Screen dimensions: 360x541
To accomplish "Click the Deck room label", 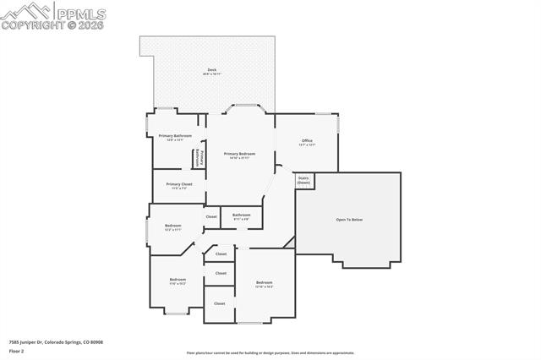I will pyautogui.click(x=211, y=70).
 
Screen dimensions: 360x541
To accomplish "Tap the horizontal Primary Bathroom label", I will pyautogui.click(x=175, y=135).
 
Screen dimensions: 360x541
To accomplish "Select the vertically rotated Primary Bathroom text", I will pyautogui.click(x=201, y=158).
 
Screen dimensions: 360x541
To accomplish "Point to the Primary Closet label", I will pyautogui.click(x=179, y=183).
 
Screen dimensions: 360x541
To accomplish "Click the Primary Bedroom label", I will pyautogui.click(x=239, y=154).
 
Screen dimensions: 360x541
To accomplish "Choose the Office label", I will pyautogui.click(x=307, y=140).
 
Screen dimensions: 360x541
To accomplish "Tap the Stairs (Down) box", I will pyautogui.click(x=303, y=180).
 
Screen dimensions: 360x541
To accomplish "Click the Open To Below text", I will pyautogui.click(x=349, y=220).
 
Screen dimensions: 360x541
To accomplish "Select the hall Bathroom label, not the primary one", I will pyautogui.click(x=242, y=215).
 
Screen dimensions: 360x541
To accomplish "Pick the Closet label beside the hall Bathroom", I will pyautogui.click(x=211, y=217).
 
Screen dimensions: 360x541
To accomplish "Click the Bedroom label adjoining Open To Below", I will pyautogui.click(x=265, y=282).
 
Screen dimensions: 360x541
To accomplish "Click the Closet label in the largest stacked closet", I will pyautogui.click(x=220, y=303).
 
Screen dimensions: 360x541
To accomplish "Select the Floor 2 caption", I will pyautogui.click(x=17, y=350).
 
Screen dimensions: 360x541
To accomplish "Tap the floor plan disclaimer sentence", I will pyautogui.click(x=270, y=353).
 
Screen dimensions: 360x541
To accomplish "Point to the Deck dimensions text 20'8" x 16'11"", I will pyautogui.click(x=211, y=75).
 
